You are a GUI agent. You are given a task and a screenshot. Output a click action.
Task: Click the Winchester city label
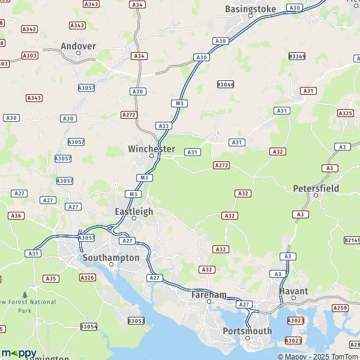(151, 149)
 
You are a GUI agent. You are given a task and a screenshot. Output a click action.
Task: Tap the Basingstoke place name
(250, 9)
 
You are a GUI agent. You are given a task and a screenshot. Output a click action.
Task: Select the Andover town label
(78, 46)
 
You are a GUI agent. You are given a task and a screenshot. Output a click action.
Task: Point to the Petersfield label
(316, 188)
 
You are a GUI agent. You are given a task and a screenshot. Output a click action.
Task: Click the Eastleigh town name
(134, 212)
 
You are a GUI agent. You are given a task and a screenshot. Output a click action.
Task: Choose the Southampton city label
(110, 257)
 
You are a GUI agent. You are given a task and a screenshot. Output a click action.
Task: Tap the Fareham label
(209, 295)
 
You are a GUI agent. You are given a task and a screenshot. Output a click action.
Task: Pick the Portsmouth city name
(247, 331)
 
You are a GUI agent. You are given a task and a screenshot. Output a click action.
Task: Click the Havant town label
(294, 291)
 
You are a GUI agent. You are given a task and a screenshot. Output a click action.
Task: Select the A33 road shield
(163, 125)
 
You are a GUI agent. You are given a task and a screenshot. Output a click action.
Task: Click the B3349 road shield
(296, 56)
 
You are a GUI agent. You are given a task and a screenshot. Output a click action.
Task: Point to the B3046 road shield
(226, 85)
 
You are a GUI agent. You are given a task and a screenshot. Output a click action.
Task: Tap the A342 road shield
(29, 29)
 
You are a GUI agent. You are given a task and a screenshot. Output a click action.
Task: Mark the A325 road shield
(345, 113)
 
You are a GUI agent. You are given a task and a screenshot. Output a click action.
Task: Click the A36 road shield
(16, 215)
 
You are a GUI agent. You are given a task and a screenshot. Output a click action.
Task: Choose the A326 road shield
(88, 277)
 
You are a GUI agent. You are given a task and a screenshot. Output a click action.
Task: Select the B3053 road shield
(136, 321)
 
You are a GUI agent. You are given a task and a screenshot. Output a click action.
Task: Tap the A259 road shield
(340, 308)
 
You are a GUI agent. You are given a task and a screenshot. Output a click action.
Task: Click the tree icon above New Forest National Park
(25, 295)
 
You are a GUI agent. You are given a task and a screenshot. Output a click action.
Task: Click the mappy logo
(19, 353)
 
